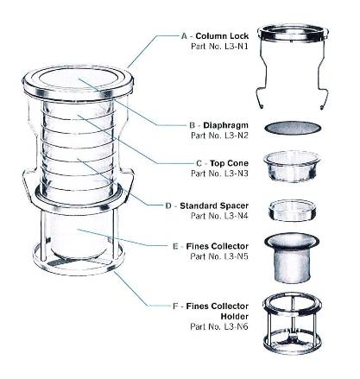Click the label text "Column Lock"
pyautogui.click(x=222, y=36)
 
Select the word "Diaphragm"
pyautogui.click(x=225, y=125)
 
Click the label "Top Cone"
pyautogui.click(x=229, y=163)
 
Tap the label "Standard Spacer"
pyautogui.click(x=214, y=205)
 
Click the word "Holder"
pyautogui.click(x=235, y=316)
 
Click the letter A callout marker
pyautogui.click(x=185, y=36)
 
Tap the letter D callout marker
pyautogui.click(x=168, y=206)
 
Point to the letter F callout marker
pyautogui.click(x=175, y=306)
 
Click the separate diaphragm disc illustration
pyautogui.click(x=293, y=128)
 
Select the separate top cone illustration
pyautogui.click(x=292, y=167)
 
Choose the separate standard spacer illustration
pyautogui.click(x=292, y=211)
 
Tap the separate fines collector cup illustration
pyautogui.click(x=292, y=258)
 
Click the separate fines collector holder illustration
pyautogui.click(x=292, y=323)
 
